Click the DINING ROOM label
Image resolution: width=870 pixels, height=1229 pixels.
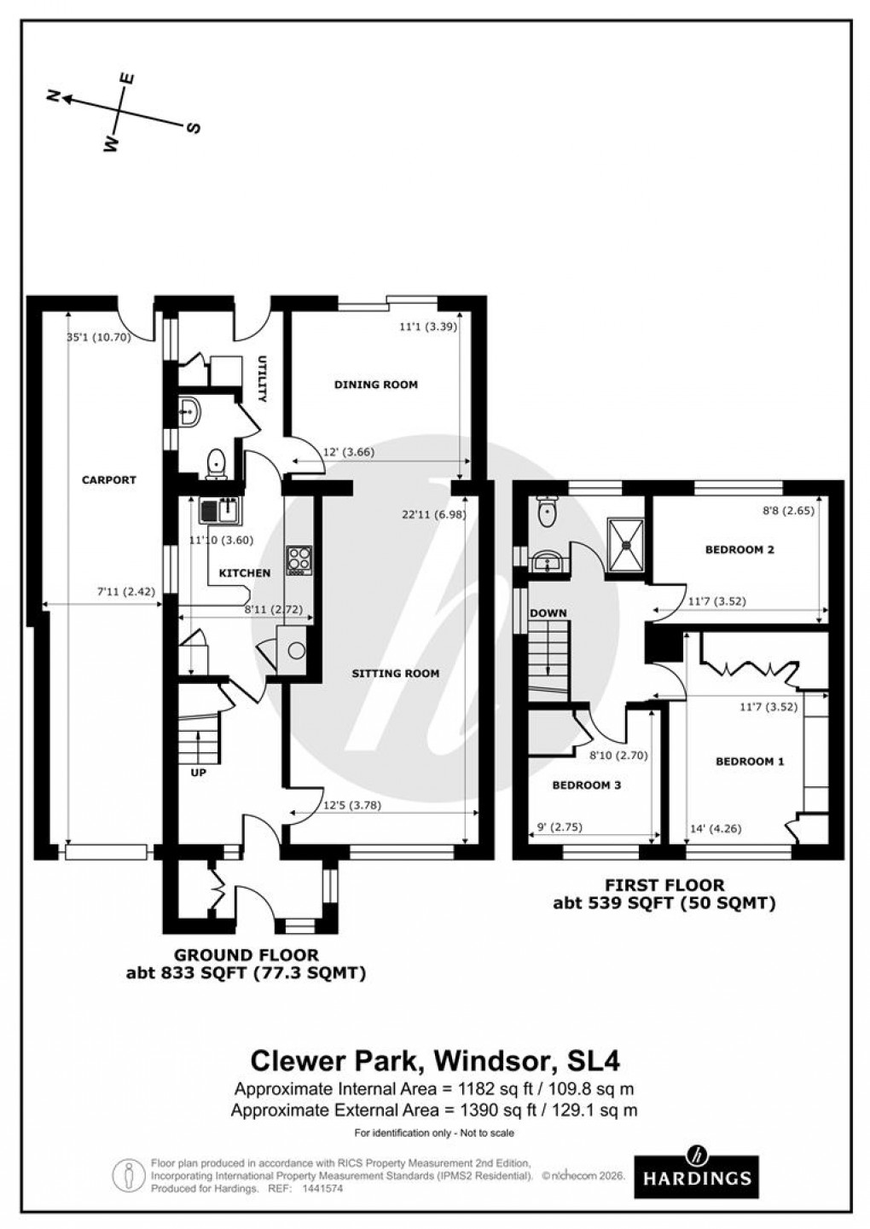(x=375, y=385)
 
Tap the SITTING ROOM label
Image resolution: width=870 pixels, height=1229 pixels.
(x=396, y=674)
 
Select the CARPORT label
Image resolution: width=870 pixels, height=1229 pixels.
(x=108, y=480)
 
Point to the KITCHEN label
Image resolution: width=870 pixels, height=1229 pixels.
(x=245, y=573)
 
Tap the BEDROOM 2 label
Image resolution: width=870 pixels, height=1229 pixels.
(x=739, y=550)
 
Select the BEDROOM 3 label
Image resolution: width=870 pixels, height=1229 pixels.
(x=586, y=786)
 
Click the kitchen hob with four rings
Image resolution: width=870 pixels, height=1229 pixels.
(x=300, y=559)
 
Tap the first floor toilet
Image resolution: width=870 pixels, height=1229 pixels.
(x=546, y=512)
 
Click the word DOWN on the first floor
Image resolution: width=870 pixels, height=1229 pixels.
(x=548, y=613)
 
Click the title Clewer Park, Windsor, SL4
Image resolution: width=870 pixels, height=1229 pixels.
(x=434, y=1060)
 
